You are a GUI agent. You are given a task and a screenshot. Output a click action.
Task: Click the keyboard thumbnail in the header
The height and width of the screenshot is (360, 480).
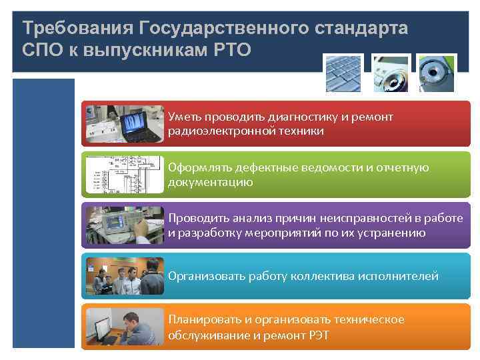click(343, 73)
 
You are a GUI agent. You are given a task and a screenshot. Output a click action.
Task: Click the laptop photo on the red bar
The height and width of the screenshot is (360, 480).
click(123, 124)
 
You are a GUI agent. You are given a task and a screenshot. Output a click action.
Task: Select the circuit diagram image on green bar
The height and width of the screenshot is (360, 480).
click(123, 175)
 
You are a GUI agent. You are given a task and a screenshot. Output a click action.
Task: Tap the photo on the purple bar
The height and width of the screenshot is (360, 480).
click(123, 225)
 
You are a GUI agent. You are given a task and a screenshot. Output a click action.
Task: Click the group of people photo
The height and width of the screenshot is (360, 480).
click(123, 276)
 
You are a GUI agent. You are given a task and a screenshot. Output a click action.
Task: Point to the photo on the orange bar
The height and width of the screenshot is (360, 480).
click(123, 327)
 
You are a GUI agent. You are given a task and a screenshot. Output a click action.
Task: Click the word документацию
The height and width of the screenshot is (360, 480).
click(211, 182)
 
